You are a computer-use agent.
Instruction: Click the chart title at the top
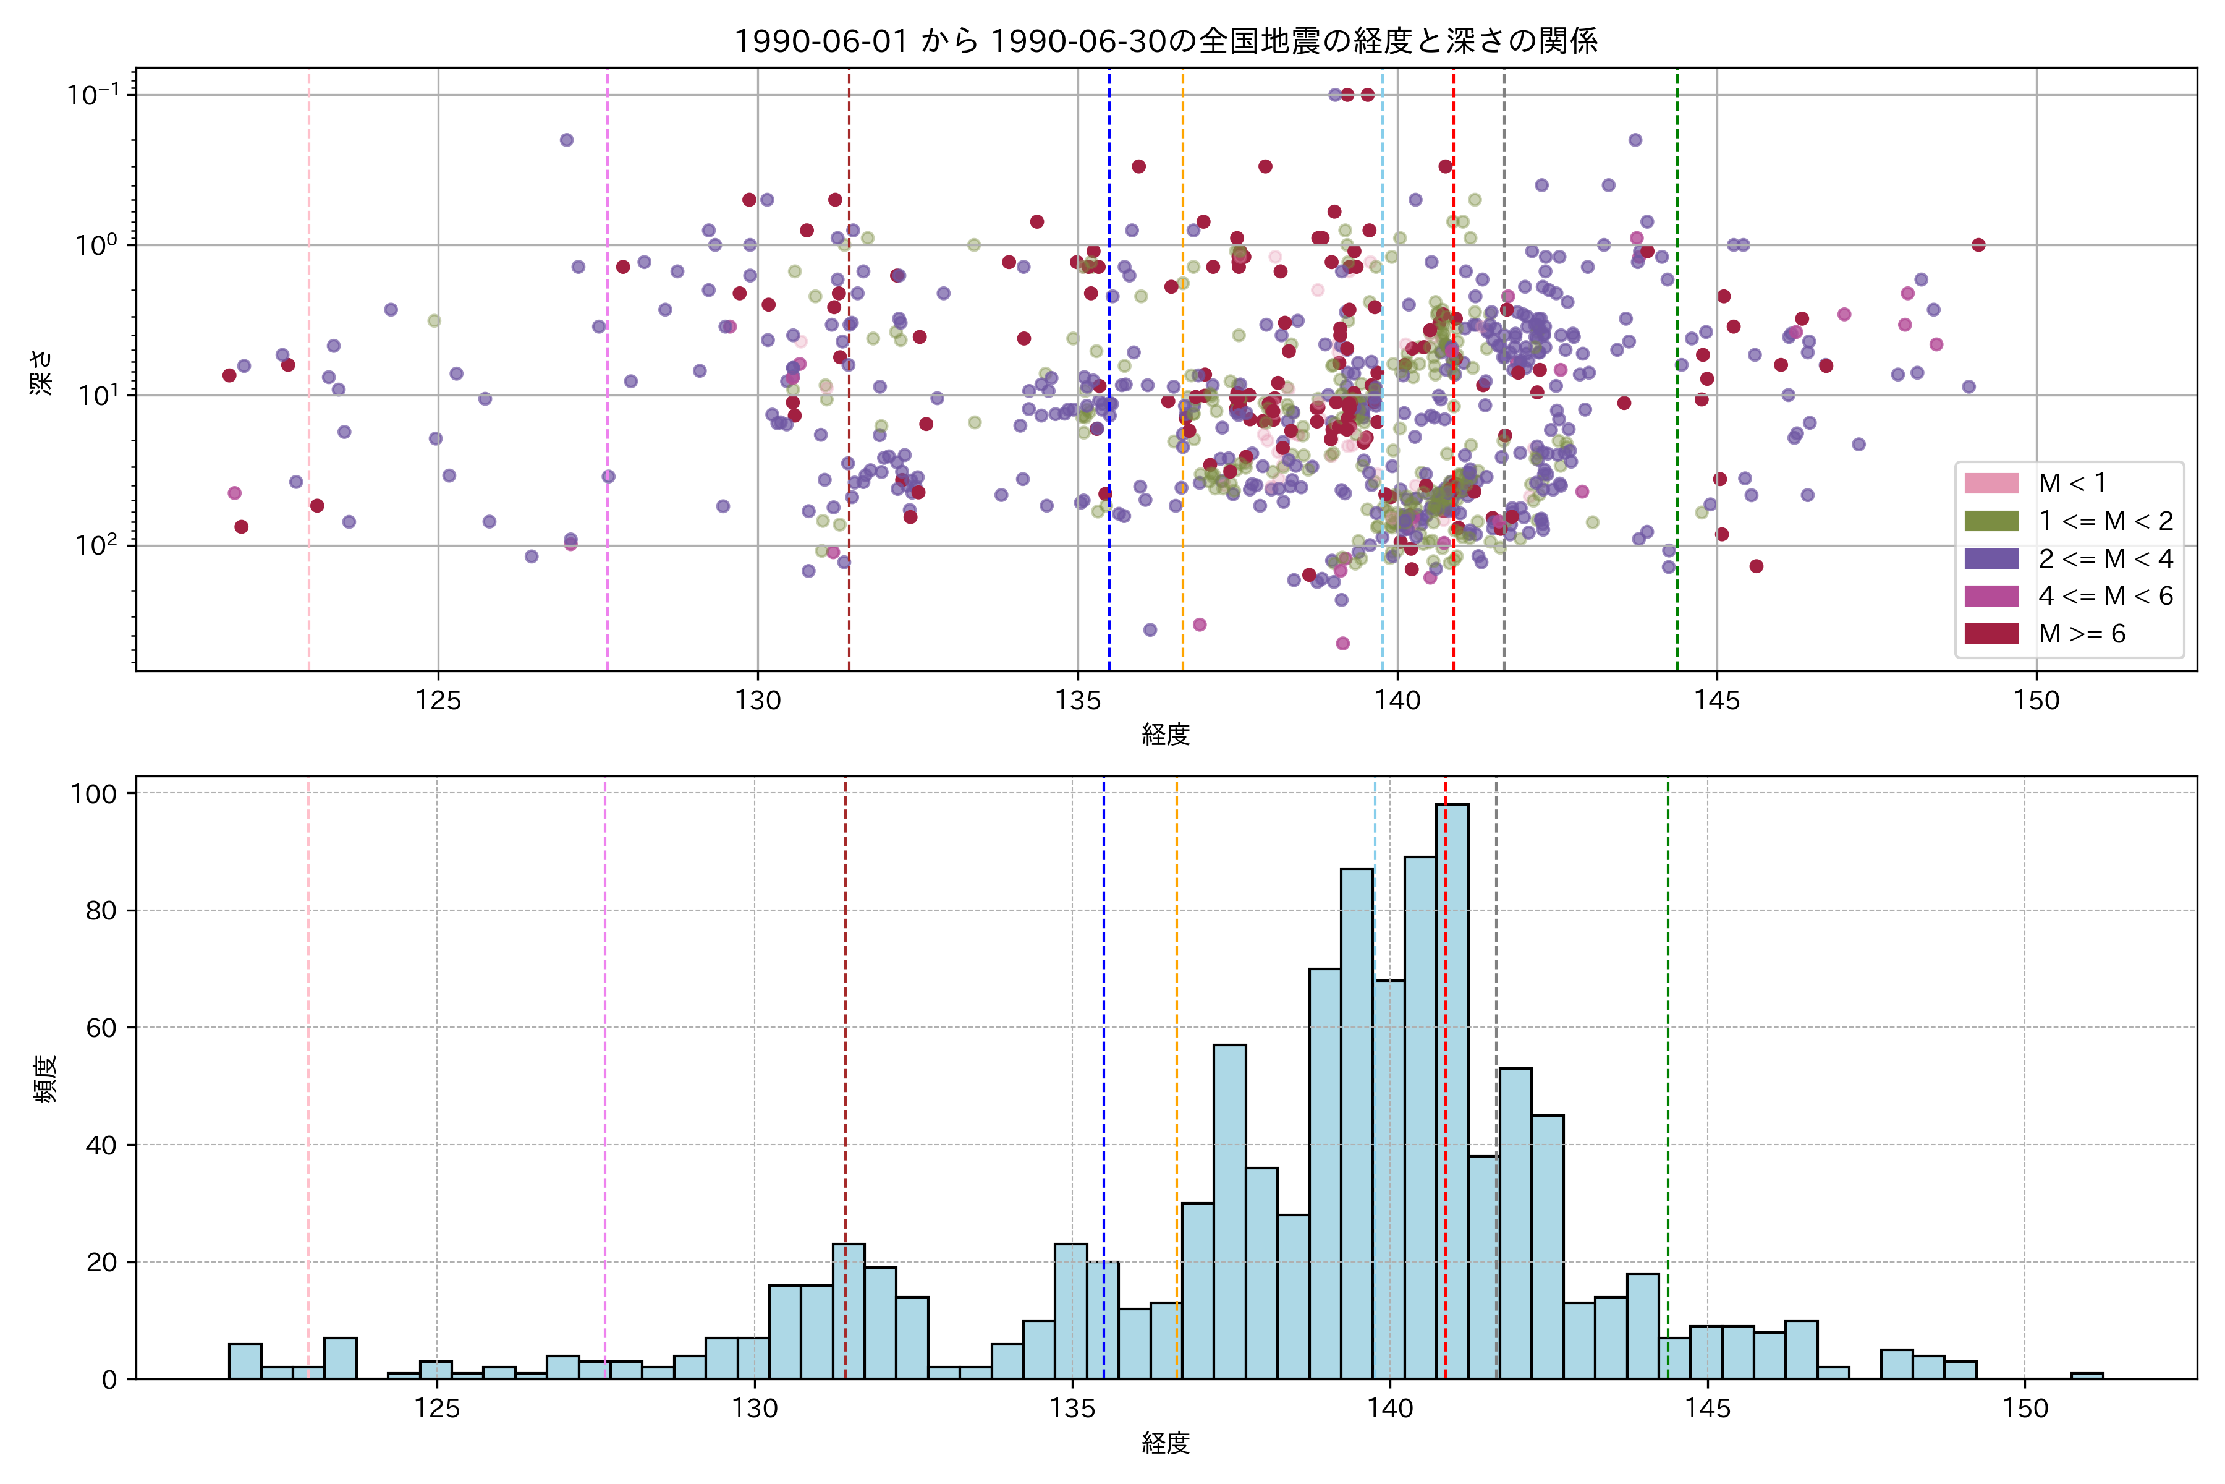coord(1166,41)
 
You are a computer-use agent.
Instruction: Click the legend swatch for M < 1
coord(1991,484)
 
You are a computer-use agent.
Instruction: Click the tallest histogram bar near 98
coord(1452,1088)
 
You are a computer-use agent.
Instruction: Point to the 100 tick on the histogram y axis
coord(94,794)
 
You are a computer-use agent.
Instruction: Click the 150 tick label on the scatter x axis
coord(2036,701)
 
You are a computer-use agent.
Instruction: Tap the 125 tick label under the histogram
coord(436,1409)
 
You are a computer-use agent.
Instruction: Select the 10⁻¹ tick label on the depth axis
coord(93,95)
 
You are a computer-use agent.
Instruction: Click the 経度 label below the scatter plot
coord(1166,735)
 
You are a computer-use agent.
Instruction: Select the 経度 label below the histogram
coord(1166,1443)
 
